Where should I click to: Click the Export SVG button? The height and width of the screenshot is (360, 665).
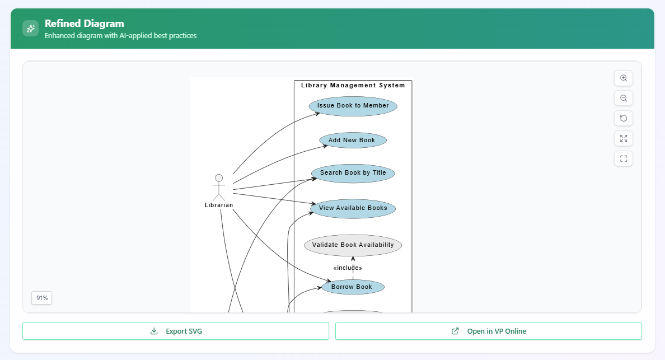pyautogui.click(x=175, y=331)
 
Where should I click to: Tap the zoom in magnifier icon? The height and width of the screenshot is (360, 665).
pyautogui.click(x=624, y=78)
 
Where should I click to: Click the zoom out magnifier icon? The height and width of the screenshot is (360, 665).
pyautogui.click(x=624, y=99)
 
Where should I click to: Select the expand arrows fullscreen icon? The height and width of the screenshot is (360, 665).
pyautogui.click(x=624, y=138)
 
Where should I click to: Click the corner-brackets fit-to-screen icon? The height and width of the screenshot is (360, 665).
pyautogui.click(x=624, y=158)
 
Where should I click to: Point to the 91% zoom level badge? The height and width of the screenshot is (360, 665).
pyautogui.click(x=42, y=298)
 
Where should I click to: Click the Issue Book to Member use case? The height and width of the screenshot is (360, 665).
pyautogui.click(x=353, y=106)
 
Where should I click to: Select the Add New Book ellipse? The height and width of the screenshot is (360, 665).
pyautogui.click(x=353, y=140)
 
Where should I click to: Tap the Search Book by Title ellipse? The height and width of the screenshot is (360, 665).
pyautogui.click(x=353, y=173)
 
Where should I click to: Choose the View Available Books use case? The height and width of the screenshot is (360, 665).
pyautogui.click(x=353, y=208)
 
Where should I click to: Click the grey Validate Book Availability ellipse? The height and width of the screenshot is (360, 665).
pyautogui.click(x=353, y=245)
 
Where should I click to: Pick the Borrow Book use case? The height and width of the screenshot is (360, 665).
pyautogui.click(x=353, y=287)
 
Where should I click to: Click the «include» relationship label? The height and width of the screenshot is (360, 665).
pyautogui.click(x=348, y=268)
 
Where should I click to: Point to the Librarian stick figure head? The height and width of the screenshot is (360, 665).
pyautogui.click(x=219, y=178)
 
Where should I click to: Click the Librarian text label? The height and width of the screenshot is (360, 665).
pyautogui.click(x=219, y=205)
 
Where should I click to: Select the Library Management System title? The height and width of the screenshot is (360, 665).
pyautogui.click(x=353, y=86)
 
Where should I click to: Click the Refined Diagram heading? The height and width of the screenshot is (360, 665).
pyautogui.click(x=85, y=24)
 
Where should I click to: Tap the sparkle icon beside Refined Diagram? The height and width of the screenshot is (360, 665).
pyautogui.click(x=30, y=29)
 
